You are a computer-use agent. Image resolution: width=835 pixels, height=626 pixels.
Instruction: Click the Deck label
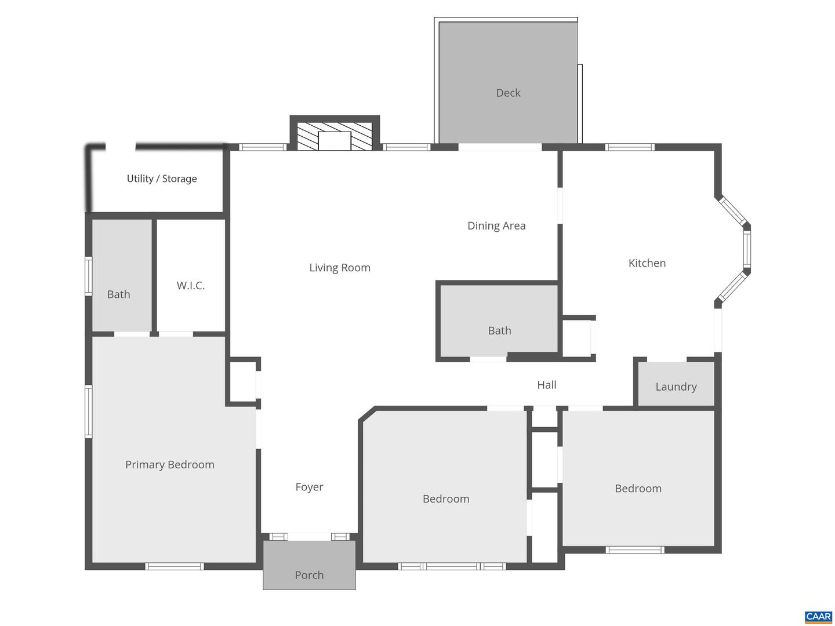(x=508, y=93)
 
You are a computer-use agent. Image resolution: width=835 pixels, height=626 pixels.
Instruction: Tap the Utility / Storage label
(x=162, y=179)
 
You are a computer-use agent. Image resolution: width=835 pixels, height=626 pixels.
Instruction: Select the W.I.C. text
(x=191, y=285)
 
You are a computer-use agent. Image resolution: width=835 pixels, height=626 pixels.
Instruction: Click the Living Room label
(x=339, y=267)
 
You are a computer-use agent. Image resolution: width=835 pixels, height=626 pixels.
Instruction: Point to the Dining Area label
(x=496, y=225)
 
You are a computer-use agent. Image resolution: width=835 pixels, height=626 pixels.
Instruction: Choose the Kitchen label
(x=647, y=263)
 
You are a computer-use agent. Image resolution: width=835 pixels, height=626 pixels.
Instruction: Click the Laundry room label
(x=676, y=387)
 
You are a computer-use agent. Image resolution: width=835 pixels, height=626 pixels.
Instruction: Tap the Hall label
(x=546, y=385)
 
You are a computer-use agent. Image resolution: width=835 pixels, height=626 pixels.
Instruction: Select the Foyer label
(x=309, y=487)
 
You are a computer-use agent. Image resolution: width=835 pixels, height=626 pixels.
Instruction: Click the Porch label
(x=309, y=575)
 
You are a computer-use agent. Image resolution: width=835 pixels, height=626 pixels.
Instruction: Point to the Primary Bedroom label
(x=169, y=464)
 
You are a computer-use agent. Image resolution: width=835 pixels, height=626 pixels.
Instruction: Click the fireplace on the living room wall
(x=335, y=137)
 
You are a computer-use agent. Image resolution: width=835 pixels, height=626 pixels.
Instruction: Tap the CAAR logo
(x=818, y=617)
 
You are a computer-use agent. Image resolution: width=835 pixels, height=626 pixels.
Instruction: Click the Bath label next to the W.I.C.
(x=118, y=294)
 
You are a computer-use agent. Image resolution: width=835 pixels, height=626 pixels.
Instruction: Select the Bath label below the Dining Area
(x=499, y=330)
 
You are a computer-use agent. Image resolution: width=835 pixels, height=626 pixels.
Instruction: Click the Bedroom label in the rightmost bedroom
(x=638, y=488)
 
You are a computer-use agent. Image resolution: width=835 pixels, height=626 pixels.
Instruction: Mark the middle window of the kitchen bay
(x=747, y=248)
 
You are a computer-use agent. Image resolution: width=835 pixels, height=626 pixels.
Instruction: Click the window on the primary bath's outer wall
(x=89, y=276)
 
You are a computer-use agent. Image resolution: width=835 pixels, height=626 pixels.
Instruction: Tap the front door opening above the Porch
(x=309, y=537)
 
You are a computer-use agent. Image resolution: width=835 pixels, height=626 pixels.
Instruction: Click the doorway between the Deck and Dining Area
(x=500, y=147)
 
